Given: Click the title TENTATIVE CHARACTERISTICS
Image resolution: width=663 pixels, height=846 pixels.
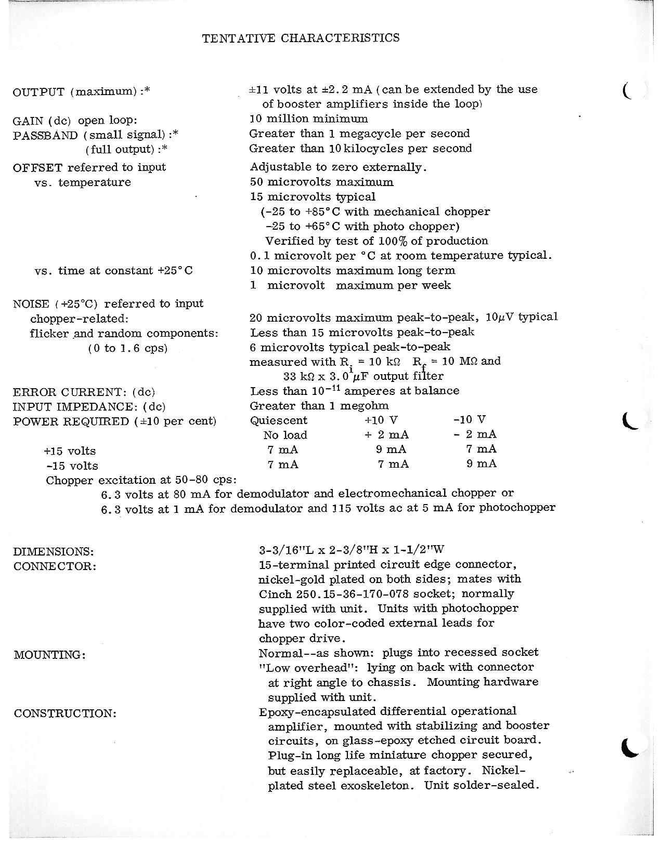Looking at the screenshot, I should [301, 38].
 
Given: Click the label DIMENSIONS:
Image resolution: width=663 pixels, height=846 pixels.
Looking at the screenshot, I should [54, 551].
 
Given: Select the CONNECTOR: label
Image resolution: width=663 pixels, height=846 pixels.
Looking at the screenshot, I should [55, 566].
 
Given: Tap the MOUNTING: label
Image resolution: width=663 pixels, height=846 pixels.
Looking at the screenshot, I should [50, 655].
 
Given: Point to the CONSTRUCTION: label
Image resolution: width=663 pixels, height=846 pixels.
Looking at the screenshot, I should [65, 713].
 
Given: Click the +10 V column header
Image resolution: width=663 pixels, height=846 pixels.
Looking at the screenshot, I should [381, 420].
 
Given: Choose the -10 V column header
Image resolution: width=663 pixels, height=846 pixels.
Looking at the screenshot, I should [470, 420].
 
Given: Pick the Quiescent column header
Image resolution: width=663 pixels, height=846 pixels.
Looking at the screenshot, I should [279, 420].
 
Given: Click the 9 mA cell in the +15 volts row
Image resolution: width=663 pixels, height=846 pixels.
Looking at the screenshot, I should [391, 450].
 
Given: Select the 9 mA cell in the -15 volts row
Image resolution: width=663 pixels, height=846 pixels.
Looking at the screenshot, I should [482, 464].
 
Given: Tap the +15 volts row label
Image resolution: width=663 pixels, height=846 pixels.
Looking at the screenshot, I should [70, 451].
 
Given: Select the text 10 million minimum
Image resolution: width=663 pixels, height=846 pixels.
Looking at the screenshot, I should [309, 119].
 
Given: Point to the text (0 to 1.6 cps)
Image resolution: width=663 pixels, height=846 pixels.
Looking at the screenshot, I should [128, 348].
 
